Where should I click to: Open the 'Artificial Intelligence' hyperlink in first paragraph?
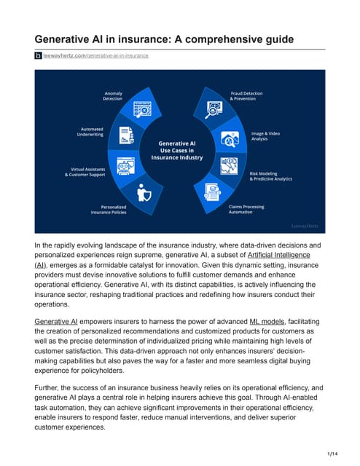280,256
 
